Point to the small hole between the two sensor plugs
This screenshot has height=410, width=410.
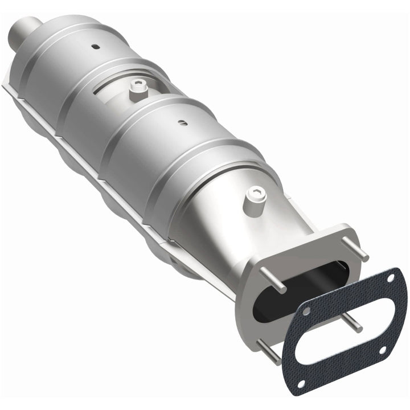[182, 121]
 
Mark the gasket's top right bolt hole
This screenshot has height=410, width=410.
[391, 278]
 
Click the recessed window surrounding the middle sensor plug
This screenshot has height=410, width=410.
[122, 91]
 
